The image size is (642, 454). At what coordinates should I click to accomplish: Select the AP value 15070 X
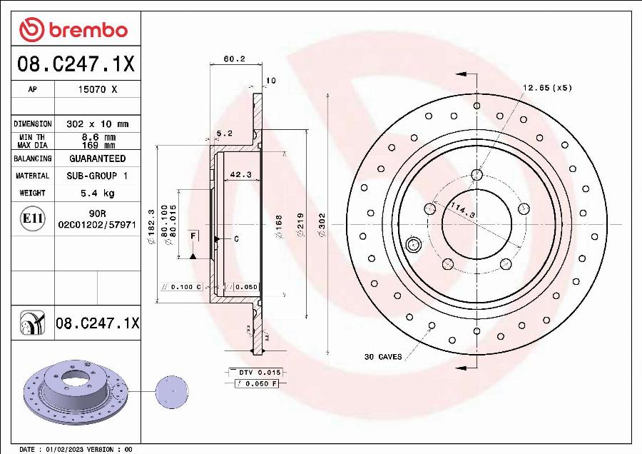[x=97, y=90]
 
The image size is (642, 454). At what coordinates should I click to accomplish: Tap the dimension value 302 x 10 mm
[x=97, y=123]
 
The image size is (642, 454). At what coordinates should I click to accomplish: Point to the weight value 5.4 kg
[x=97, y=193]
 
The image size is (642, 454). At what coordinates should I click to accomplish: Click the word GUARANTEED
[x=97, y=158]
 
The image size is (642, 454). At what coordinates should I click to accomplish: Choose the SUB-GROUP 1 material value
[x=97, y=176]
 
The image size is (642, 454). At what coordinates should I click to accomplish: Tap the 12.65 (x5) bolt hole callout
[x=547, y=88]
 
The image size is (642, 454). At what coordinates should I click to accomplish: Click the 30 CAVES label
[x=383, y=356]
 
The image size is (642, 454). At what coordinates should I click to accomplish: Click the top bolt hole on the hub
[x=477, y=175]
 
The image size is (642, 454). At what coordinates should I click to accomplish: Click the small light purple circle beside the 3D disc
[x=172, y=390]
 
